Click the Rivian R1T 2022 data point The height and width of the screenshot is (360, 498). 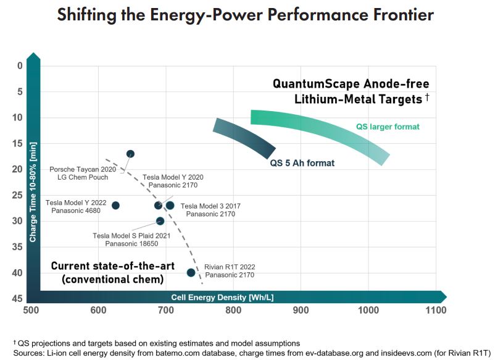[x=191, y=272]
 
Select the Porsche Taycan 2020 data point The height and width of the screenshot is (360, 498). [x=130, y=154]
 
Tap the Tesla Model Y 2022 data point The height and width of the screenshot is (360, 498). [x=115, y=205]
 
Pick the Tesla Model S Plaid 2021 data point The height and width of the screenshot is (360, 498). [x=160, y=220]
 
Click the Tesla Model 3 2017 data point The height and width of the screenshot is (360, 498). [x=170, y=205]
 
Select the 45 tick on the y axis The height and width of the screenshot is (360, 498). [x=20, y=298]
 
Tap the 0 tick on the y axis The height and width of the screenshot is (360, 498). [x=20, y=66]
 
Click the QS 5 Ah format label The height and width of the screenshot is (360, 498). [x=302, y=164]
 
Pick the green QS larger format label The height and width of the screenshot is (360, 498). [x=388, y=127]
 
